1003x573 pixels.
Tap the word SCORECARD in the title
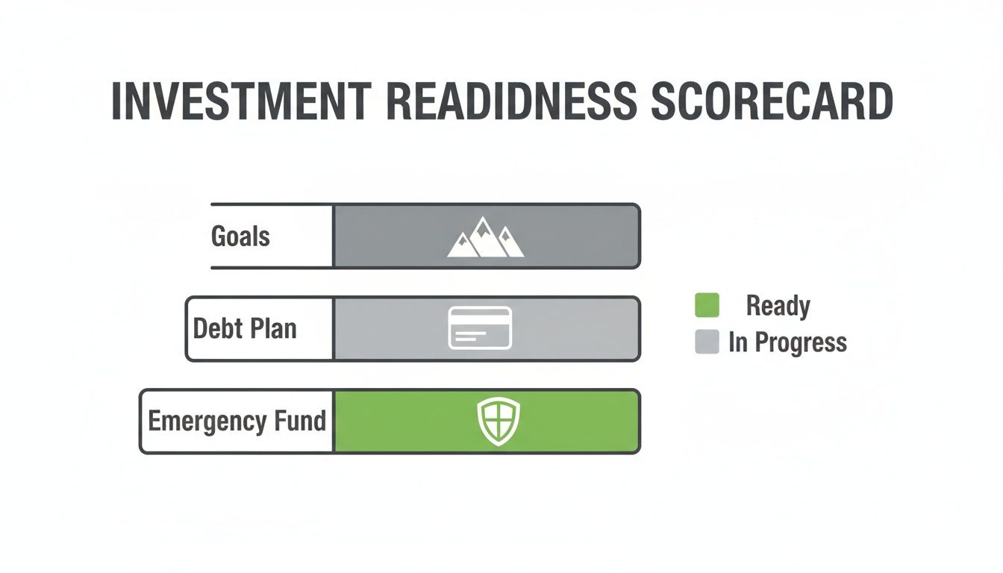[772, 102]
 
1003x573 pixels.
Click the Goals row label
[240, 237]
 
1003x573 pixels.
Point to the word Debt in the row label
[214, 329]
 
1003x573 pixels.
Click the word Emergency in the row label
[205, 422]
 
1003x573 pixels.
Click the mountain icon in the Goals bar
[485, 237]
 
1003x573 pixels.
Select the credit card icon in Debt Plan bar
[480, 328]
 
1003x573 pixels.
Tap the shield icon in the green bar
[499, 421]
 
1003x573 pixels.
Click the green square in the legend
[707, 305]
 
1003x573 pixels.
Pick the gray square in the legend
[707, 342]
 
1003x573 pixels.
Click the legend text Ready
[778, 306]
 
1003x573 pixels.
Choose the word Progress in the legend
[801, 342]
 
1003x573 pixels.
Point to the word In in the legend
[737, 342]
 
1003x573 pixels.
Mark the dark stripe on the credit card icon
[480, 319]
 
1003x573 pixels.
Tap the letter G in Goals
[220, 237]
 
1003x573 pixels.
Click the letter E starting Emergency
[154, 421]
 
